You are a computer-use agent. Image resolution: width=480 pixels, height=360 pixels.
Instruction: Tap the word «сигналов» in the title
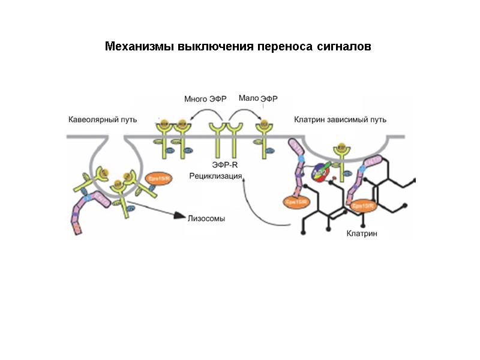342,47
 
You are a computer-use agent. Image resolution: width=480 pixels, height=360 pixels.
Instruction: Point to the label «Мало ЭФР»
259,98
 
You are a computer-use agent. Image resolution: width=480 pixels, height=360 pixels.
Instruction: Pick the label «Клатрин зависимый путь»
340,119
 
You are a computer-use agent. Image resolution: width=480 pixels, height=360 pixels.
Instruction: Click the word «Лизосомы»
207,219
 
